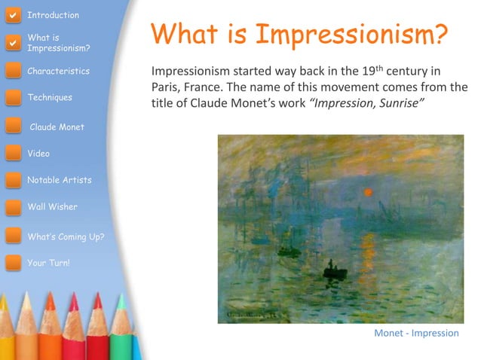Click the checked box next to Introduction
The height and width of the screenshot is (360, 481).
pos(12,14)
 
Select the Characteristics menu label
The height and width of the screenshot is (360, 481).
pos(58,71)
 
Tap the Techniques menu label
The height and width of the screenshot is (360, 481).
pos(50,97)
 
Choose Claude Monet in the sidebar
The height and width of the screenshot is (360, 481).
pos(57,127)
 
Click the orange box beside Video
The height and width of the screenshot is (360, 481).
pos(13,154)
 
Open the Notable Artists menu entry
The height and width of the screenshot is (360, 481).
pos(59,180)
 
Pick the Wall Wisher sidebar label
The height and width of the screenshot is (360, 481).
pos(52,206)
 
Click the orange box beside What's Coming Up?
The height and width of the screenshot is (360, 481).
pos(13,236)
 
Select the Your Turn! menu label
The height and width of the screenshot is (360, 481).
pos(48,263)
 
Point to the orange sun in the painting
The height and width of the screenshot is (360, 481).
pos(368,192)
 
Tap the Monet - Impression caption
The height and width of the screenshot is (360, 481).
pos(416,333)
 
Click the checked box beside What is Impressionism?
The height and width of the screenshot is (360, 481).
pos(12,43)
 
